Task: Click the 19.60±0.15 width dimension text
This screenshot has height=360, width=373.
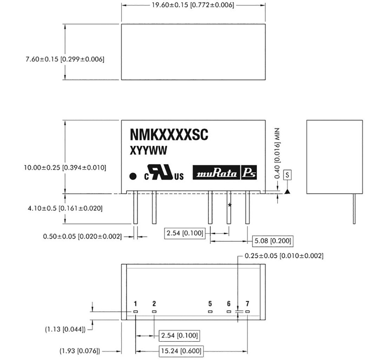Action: (193, 5)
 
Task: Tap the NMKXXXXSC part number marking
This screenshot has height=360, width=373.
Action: (169, 135)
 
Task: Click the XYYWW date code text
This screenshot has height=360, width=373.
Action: (148, 151)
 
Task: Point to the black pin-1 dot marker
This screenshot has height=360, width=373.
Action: (133, 176)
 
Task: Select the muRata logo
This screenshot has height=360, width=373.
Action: (217, 173)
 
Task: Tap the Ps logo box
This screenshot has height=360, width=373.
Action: (249, 173)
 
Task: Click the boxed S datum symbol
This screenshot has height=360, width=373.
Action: (287, 175)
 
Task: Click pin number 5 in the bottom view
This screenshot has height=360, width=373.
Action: (210, 304)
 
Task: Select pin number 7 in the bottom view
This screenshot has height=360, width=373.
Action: (248, 304)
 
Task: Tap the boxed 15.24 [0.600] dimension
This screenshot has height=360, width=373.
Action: (181, 352)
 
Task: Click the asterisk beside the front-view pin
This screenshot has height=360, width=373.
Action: (229, 205)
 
